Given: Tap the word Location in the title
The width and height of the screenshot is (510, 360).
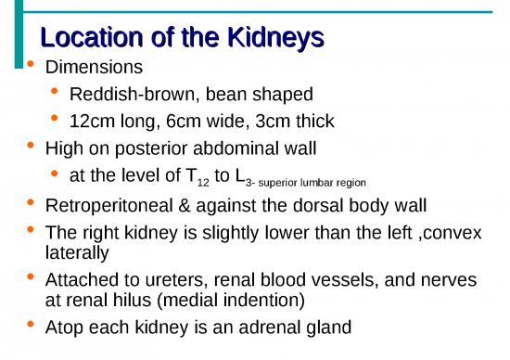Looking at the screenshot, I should click(x=84, y=38).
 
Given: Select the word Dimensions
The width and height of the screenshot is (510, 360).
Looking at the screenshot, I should click(x=94, y=68).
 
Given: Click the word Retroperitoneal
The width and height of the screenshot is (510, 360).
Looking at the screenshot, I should click(x=104, y=205).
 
